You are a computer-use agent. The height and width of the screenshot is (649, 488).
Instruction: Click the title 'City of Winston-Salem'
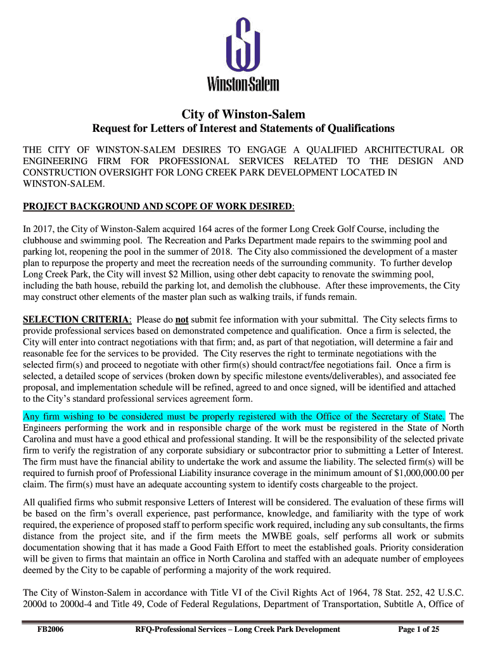(244, 115)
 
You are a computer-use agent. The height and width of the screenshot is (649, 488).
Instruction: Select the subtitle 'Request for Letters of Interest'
(244, 129)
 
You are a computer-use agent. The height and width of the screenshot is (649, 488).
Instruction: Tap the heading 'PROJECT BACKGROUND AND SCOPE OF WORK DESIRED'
(158, 207)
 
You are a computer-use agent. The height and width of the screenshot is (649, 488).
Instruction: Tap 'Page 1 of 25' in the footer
(419, 629)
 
